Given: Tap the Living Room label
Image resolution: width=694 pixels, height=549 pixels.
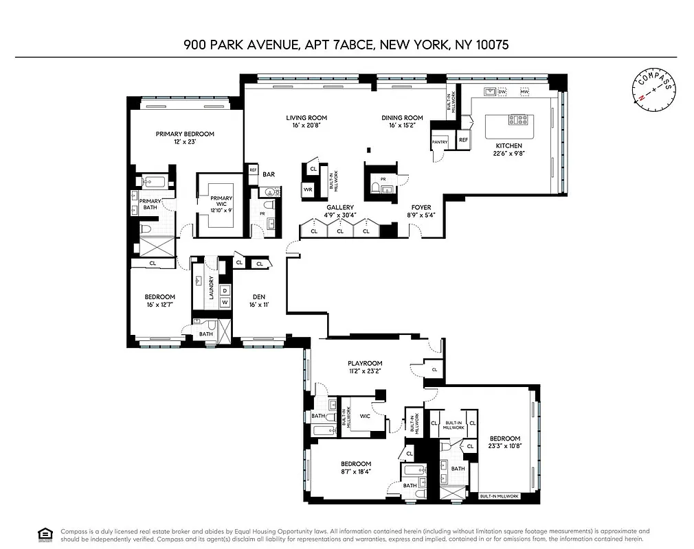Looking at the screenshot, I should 306,118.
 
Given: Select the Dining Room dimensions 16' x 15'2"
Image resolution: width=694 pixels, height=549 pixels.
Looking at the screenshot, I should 402,126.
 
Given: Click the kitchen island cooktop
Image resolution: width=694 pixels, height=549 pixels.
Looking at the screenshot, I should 518,120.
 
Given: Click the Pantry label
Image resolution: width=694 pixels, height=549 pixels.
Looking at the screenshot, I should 440,143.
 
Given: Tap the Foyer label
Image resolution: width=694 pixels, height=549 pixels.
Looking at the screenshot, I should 421,207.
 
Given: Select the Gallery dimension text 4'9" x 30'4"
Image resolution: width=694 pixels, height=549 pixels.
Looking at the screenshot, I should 340,215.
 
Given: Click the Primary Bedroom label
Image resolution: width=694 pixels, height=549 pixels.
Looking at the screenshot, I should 185,134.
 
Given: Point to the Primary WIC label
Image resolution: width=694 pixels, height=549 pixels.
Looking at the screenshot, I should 221,198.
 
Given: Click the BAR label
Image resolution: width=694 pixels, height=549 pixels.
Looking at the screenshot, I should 269,174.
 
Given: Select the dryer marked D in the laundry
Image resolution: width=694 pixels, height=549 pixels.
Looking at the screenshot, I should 225,291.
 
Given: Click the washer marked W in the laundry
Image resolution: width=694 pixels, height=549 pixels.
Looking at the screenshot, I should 225,303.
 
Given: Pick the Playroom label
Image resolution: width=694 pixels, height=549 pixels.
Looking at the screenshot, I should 364,363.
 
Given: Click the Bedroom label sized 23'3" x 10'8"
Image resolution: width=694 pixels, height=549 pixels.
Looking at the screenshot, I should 504,439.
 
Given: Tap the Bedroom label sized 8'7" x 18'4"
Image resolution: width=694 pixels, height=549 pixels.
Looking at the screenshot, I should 356,464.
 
